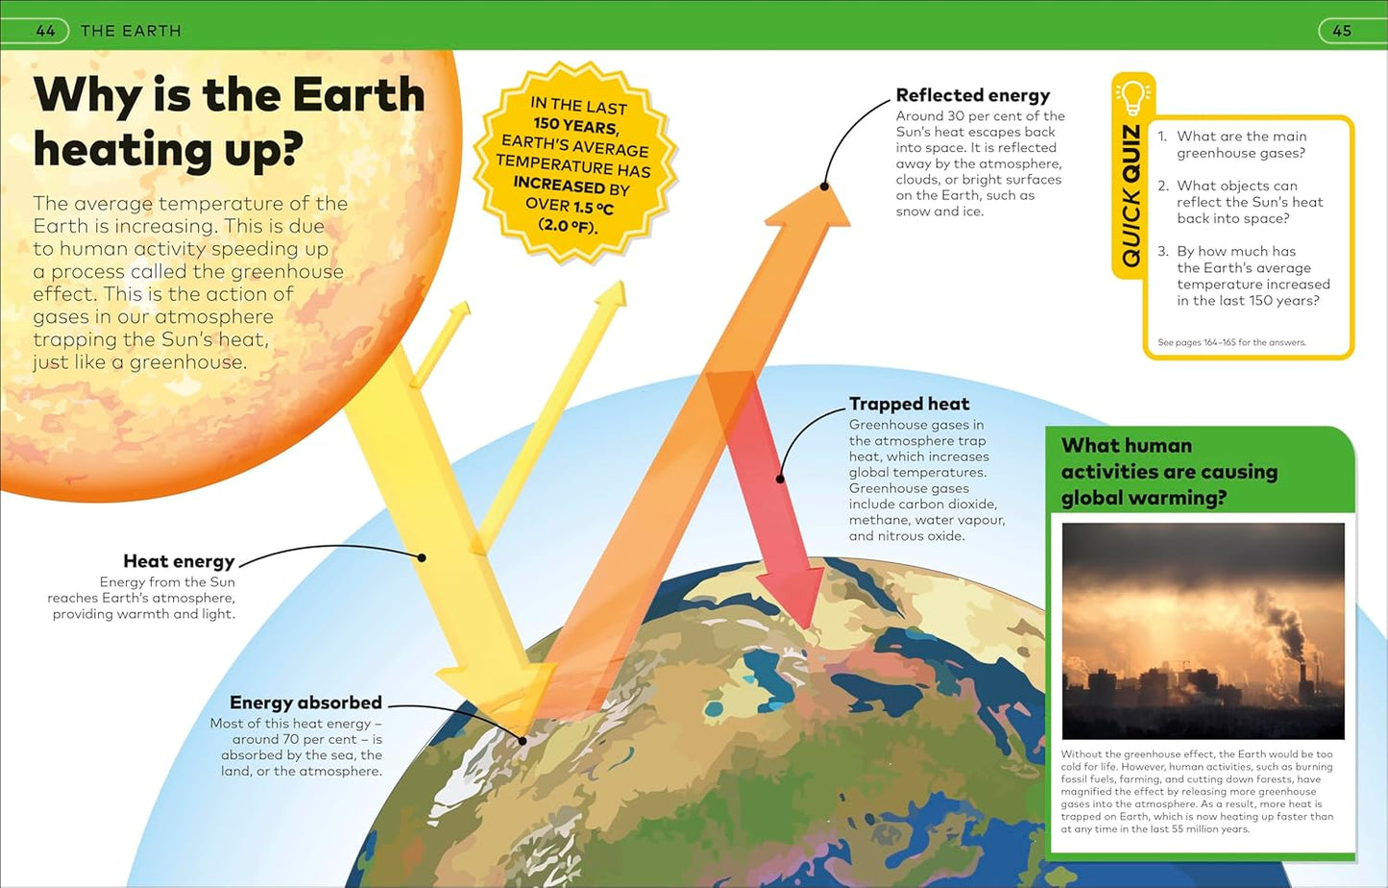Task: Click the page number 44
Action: point(45,31)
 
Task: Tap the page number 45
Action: point(1342,31)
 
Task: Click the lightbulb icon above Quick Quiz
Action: point(1132,97)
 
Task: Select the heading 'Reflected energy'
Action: point(972,95)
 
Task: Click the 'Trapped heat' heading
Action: point(909,404)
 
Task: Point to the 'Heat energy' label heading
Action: point(179,561)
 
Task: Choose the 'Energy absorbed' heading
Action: point(305,703)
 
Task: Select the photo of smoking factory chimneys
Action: point(1203,630)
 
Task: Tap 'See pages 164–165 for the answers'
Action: point(1231,342)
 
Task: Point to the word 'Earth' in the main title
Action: point(357,95)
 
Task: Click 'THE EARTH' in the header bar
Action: point(131,31)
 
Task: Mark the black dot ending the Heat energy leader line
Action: point(422,557)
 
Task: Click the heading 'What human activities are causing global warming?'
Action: point(1169,471)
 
